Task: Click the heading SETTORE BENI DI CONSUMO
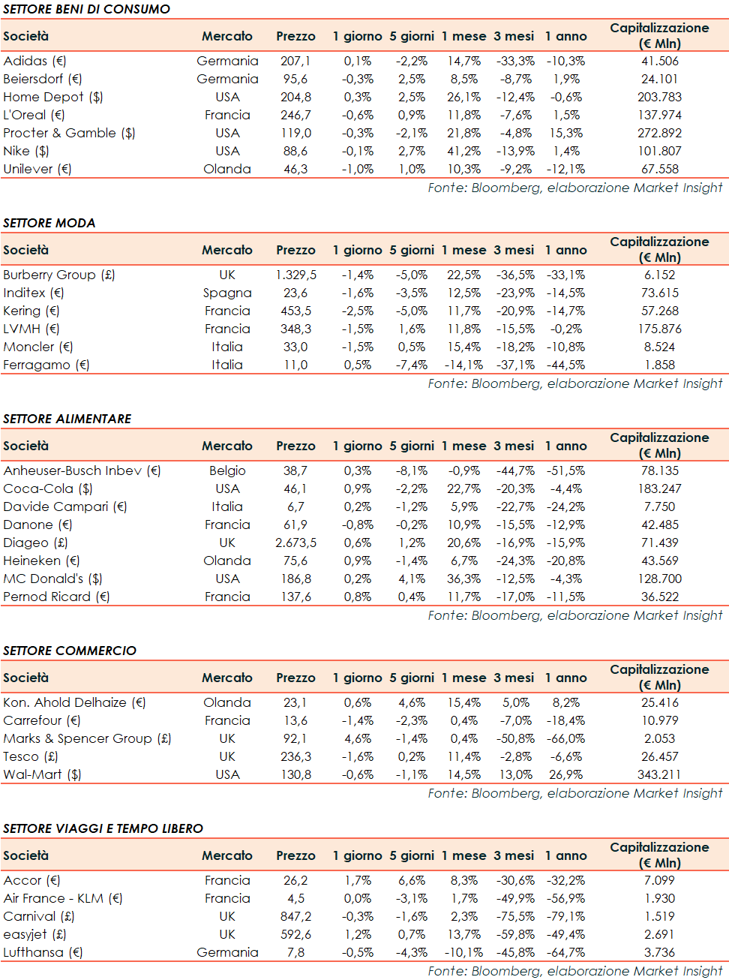(86, 9)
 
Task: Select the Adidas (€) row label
(34, 61)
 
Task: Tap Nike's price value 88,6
(295, 151)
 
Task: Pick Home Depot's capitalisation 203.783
(659, 97)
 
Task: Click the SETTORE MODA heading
(49, 223)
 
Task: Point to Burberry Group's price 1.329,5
(295, 275)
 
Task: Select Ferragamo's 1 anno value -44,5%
(565, 365)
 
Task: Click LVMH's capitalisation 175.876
(659, 329)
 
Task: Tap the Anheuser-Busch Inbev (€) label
(82, 470)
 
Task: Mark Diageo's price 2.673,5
(295, 543)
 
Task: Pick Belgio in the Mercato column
(227, 470)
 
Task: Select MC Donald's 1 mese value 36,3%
(463, 579)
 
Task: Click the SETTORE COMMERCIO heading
(70, 651)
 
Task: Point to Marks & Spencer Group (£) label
(87, 738)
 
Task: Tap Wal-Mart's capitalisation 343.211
(659, 774)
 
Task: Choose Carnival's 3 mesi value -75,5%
(515, 916)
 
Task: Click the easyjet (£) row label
(34, 934)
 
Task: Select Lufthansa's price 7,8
(295, 952)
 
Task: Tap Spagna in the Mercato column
(227, 293)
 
